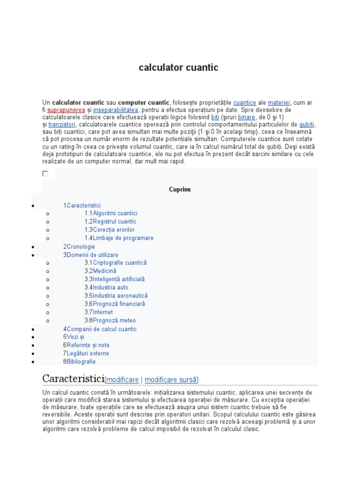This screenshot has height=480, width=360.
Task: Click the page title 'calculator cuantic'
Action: (x=179, y=67)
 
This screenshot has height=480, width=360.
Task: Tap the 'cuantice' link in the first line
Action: (x=245, y=102)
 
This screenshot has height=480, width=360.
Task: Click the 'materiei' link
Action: (x=279, y=102)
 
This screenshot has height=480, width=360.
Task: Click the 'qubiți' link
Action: (x=307, y=125)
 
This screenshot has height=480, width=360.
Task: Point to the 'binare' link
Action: (x=247, y=117)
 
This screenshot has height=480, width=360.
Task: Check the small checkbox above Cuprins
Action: (x=45, y=173)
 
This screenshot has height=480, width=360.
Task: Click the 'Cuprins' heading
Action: (x=180, y=190)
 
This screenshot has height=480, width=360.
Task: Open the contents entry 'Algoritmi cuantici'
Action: (x=115, y=213)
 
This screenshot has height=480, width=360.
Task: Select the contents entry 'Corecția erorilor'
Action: (x=113, y=230)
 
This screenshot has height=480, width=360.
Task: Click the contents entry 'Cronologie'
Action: (x=81, y=247)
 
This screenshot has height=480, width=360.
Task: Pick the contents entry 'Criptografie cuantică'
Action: (x=120, y=263)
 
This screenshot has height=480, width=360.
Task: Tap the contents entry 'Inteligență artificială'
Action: (x=119, y=279)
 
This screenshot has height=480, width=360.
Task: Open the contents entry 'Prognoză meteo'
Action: (x=114, y=321)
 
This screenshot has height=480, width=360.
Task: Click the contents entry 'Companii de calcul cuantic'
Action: (x=102, y=329)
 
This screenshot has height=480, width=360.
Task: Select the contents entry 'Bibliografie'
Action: (x=81, y=362)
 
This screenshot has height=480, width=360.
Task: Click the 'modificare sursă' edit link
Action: (x=171, y=380)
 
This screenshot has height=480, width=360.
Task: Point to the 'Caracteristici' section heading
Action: (x=73, y=379)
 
